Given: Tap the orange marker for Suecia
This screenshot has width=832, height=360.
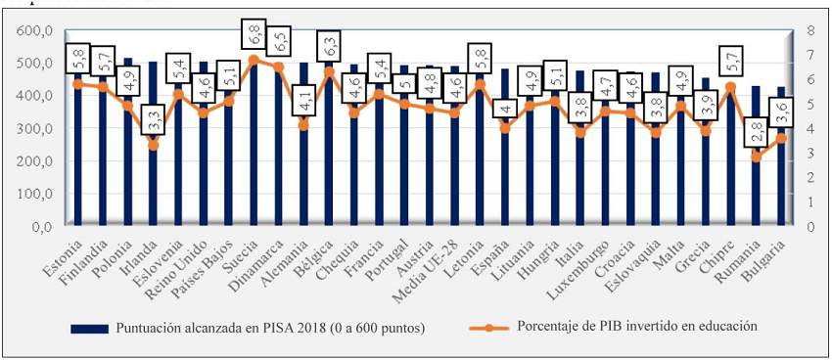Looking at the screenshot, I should (254, 60).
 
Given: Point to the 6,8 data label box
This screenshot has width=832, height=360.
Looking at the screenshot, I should (254, 35).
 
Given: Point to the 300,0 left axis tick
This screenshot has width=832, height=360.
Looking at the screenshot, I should (33, 128).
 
